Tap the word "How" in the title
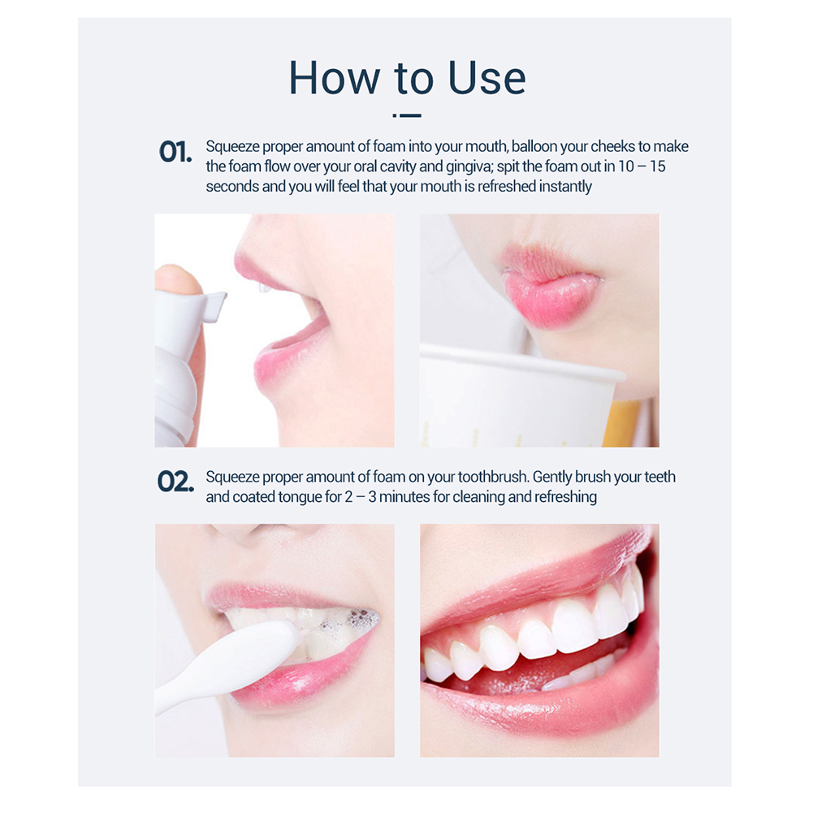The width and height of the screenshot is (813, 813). point(334,78)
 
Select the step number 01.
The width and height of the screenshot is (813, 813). point(175,152)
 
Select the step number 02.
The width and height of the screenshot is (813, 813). point(175,482)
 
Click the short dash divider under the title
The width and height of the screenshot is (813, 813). point(407,115)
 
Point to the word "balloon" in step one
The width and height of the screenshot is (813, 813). point(534,147)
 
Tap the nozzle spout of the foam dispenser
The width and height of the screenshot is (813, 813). point(214,304)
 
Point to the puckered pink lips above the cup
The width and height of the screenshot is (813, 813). point(550,288)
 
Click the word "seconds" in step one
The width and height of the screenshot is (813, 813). point(232,187)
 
